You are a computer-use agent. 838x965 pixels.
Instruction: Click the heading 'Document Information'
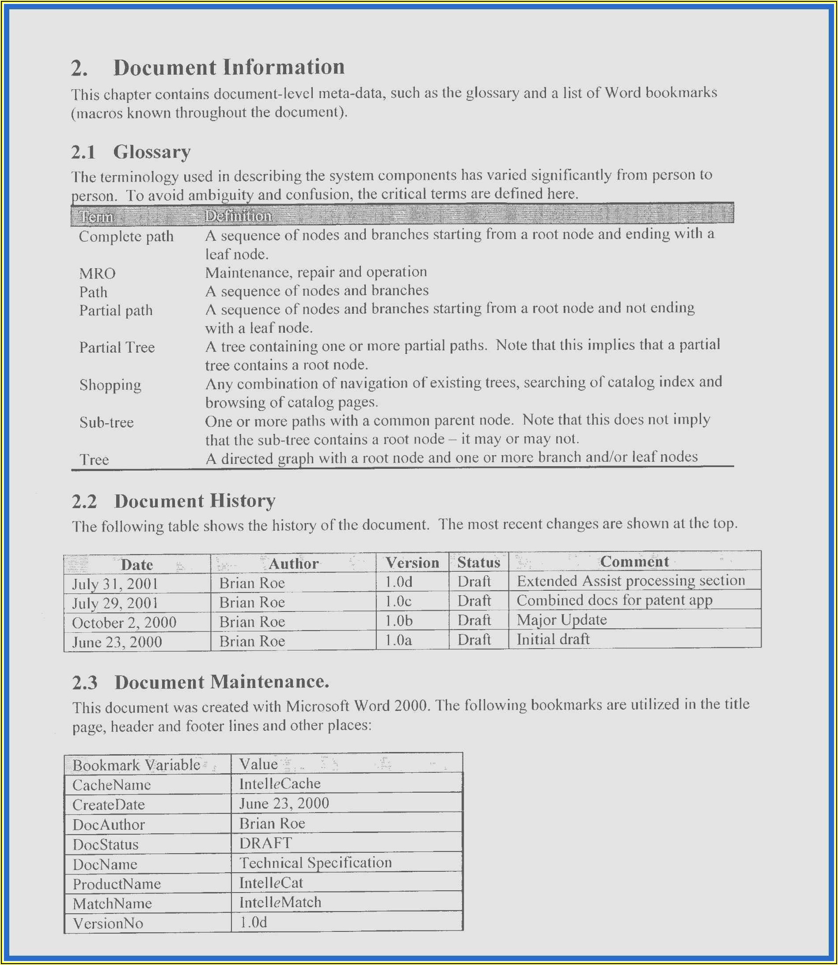click(x=229, y=67)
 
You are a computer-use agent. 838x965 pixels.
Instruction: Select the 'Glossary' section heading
click(x=152, y=152)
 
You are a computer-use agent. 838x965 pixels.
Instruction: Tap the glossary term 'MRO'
click(x=97, y=273)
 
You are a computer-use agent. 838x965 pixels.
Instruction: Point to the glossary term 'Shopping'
click(x=110, y=385)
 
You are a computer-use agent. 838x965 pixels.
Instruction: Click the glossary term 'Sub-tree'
click(x=106, y=422)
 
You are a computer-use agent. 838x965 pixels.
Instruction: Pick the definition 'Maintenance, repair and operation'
click(x=316, y=272)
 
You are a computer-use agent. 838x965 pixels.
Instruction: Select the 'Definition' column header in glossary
click(x=238, y=216)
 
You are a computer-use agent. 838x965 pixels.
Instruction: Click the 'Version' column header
click(x=412, y=563)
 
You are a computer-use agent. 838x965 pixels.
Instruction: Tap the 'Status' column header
click(x=478, y=562)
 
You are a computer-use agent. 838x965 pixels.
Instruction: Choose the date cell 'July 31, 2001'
click(x=115, y=584)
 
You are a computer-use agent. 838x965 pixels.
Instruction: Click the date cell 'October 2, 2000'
click(x=124, y=623)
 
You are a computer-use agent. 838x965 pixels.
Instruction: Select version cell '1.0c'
click(x=398, y=601)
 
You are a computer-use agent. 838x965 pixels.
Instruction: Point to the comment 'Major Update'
click(x=561, y=620)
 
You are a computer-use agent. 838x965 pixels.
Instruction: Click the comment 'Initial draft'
click(x=553, y=639)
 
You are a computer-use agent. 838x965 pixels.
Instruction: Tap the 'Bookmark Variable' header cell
click(x=137, y=765)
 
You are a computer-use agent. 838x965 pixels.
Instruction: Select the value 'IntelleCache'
click(x=280, y=784)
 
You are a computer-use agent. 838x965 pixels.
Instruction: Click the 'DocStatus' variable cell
click(x=106, y=844)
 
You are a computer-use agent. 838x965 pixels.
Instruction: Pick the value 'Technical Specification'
click(x=315, y=862)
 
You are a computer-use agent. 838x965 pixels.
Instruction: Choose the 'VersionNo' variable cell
click(x=108, y=923)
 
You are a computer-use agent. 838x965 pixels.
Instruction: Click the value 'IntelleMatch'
click(x=280, y=902)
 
